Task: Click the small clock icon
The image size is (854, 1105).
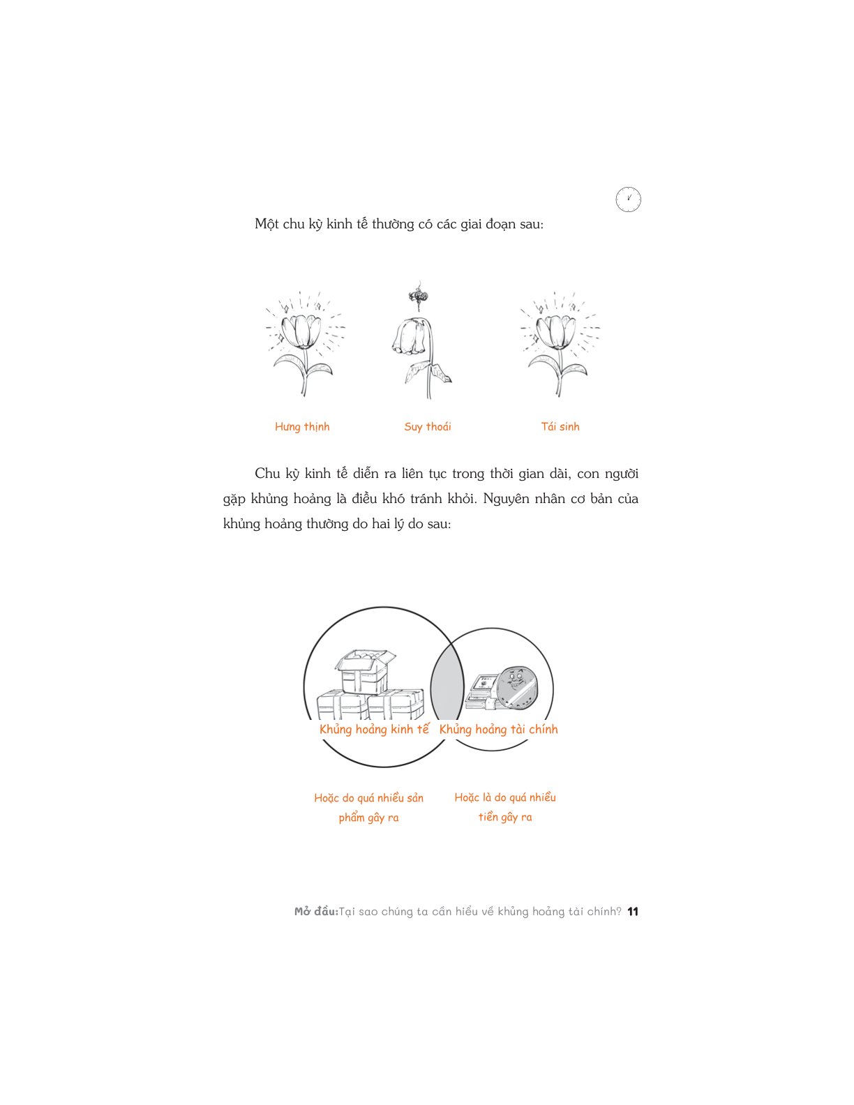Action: click(x=628, y=199)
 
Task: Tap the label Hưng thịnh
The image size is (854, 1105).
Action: click(x=302, y=427)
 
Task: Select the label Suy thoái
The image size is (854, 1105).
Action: click(x=427, y=427)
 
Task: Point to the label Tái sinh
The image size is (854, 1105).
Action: click(x=560, y=426)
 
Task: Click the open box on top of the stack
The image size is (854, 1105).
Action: click(x=364, y=670)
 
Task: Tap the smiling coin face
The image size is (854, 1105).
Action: click(x=516, y=688)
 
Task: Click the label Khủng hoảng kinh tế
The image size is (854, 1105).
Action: click(x=375, y=729)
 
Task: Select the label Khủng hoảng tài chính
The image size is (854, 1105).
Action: click(x=498, y=729)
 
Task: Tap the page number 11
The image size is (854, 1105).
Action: click(x=633, y=911)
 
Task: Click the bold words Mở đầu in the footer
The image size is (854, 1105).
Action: click(x=316, y=911)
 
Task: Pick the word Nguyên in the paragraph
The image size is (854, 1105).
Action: click(x=506, y=498)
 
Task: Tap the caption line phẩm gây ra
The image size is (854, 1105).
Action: click(x=369, y=818)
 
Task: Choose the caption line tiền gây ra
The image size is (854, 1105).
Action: click(x=505, y=817)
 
